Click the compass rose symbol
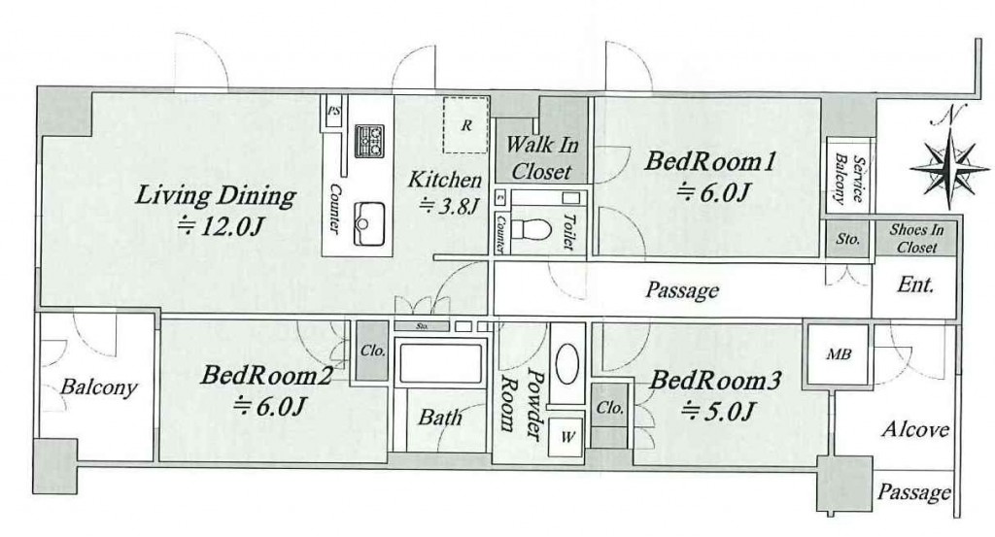tap(949, 167)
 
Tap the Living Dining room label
tap(216, 195)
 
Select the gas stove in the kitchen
tap(369, 142)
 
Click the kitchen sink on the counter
tap(369, 220)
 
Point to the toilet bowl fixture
tap(532, 227)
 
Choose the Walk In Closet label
tap(542, 158)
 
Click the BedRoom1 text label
tap(710, 161)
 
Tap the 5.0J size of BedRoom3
tap(718, 412)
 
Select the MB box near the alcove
tap(839, 354)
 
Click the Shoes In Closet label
tap(915, 238)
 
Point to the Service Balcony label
tap(849, 178)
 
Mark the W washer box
tap(567, 437)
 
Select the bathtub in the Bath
tap(440, 363)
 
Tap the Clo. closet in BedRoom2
tap(372, 351)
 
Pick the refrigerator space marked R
tap(465, 125)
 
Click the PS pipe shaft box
tap(333, 112)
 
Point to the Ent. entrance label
tap(915, 285)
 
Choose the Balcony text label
tap(98, 386)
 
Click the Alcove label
tap(915, 430)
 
